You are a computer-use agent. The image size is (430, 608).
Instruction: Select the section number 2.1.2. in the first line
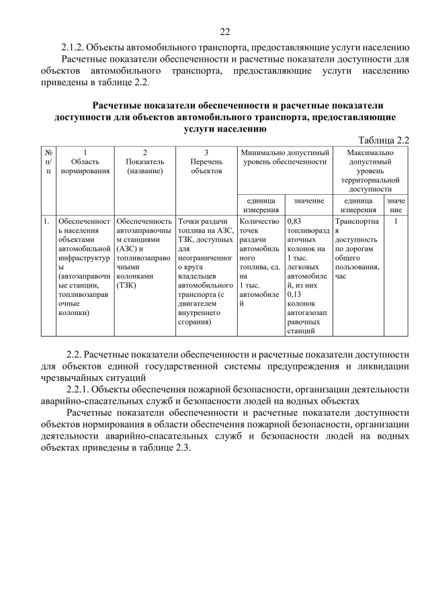point(74,47)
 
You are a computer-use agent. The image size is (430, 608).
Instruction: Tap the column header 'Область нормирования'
point(85,162)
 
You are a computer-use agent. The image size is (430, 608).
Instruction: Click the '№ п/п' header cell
point(48,162)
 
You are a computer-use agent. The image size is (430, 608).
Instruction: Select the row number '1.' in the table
point(46,220)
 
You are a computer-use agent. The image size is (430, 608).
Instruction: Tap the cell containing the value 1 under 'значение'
point(396,220)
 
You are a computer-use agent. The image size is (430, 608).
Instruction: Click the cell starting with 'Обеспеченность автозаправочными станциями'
point(144,253)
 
